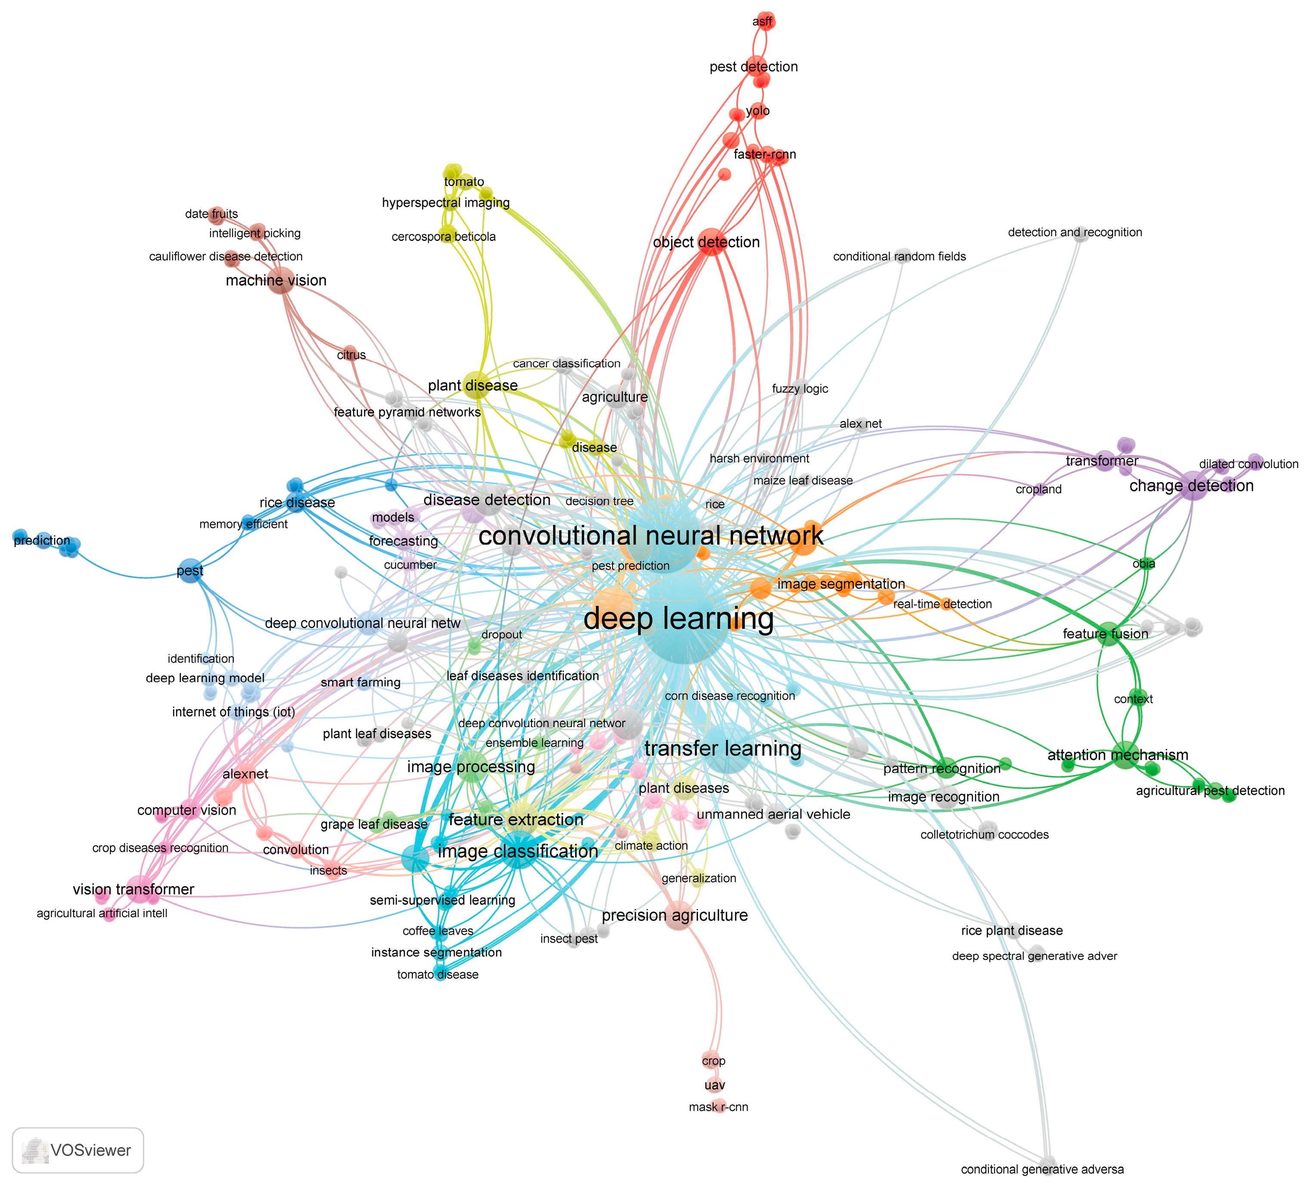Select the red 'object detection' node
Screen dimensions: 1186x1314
pyautogui.click(x=711, y=242)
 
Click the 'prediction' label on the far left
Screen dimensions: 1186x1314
pyautogui.click(x=42, y=540)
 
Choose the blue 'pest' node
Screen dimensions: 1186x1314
pyautogui.click(x=190, y=571)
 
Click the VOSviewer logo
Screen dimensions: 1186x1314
pyautogui.click(x=77, y=1150)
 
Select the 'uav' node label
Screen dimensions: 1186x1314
pyautogui.click(x=714, y=1085)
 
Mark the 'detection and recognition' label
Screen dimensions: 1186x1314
pyautogui.click(x=1074, y=232)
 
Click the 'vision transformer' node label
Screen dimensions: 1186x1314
pyautogui.click(x=133, y=889)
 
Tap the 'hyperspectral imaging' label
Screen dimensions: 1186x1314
pyautogui.click(x=445, y=203)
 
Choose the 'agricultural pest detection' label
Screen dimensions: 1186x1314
pyautogui.click(x=1210, y=790)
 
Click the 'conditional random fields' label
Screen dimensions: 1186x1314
pyautogui.click(x=899, y=256)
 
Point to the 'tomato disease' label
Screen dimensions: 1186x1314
pyautogui.click(x=437, y=974)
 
